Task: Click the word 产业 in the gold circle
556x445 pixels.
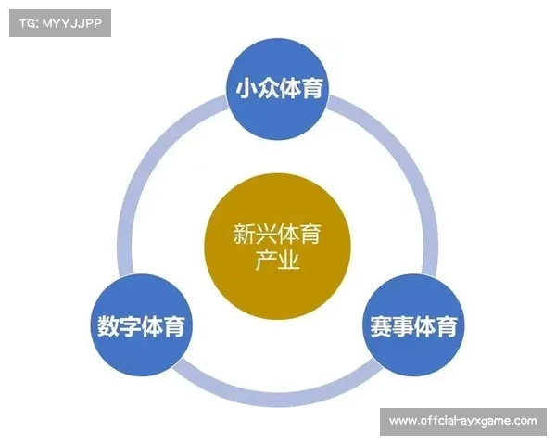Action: click(277, 261)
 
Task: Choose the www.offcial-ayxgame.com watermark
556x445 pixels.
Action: click(462, 422)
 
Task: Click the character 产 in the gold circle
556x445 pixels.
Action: click(266, 261)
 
